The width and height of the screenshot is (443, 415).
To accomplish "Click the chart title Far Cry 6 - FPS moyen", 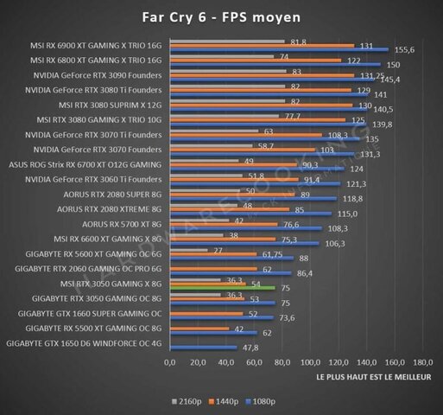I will coord(221,16).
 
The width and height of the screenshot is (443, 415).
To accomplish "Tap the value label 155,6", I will coord(406,50).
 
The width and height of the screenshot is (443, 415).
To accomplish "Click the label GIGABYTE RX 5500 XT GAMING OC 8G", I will coord(95,328).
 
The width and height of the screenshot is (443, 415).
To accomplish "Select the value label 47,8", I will coord(250,347).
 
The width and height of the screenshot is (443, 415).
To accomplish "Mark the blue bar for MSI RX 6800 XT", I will coord(275,65).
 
